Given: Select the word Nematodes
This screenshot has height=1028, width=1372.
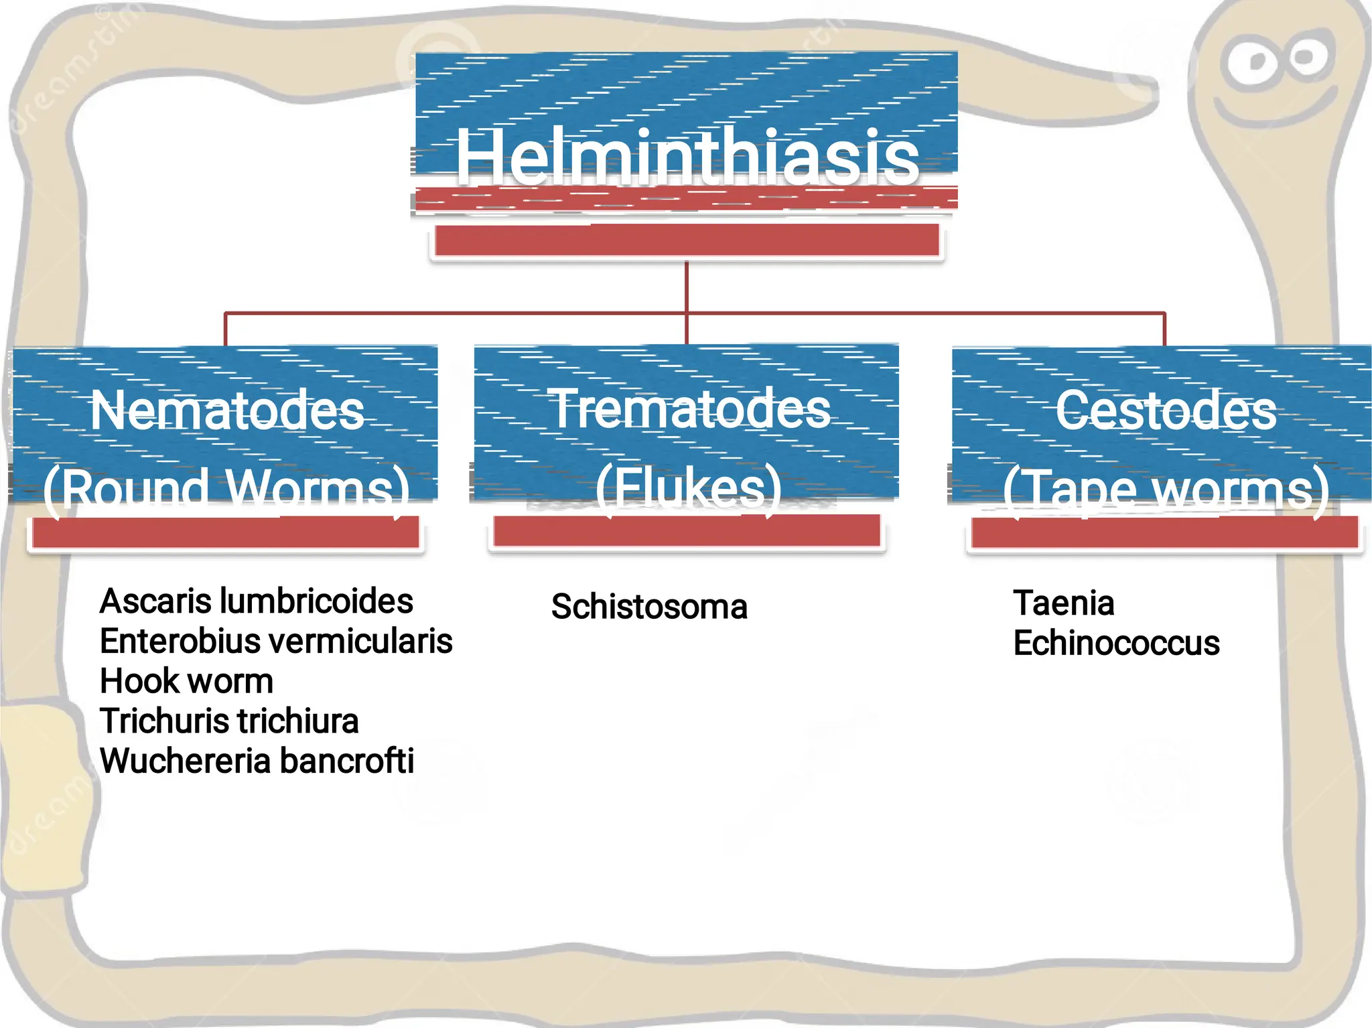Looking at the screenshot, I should pyautogui.click(x=227, y=410).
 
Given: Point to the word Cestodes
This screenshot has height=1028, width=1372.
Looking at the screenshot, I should pyautogui.click(x=1166, y=410).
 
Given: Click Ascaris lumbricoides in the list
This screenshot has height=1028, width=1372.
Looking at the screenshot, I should pyautogui.click(x=256, y=601).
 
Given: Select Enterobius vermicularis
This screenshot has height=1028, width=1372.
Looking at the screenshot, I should pyautogui.click(x=276, y=641).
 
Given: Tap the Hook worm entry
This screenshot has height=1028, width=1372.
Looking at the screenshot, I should pyautogui.click(x=186, y=681).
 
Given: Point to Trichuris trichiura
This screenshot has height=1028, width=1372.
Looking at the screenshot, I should pyautogui.click(x=229, y=721).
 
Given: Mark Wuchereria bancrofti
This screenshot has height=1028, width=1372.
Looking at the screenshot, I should pyautogui.click(x=257, y=761).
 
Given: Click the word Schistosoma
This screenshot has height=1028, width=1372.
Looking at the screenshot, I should pyautogui.click(x=649, y=607).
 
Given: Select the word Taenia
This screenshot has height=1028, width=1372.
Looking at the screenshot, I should pyautogui.click(x=1064, y=603).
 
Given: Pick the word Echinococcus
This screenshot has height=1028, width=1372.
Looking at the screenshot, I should pyautogui.click(x=1116, y=643).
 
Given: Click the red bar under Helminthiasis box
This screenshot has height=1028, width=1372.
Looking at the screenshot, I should pyautogui.click(x=687, y=240).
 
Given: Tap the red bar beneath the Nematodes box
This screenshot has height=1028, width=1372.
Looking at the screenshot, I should pyautogui.click(x=226, y=534).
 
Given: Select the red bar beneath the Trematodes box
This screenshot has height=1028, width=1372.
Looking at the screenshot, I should pyautogui.click(x=687, y=533).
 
